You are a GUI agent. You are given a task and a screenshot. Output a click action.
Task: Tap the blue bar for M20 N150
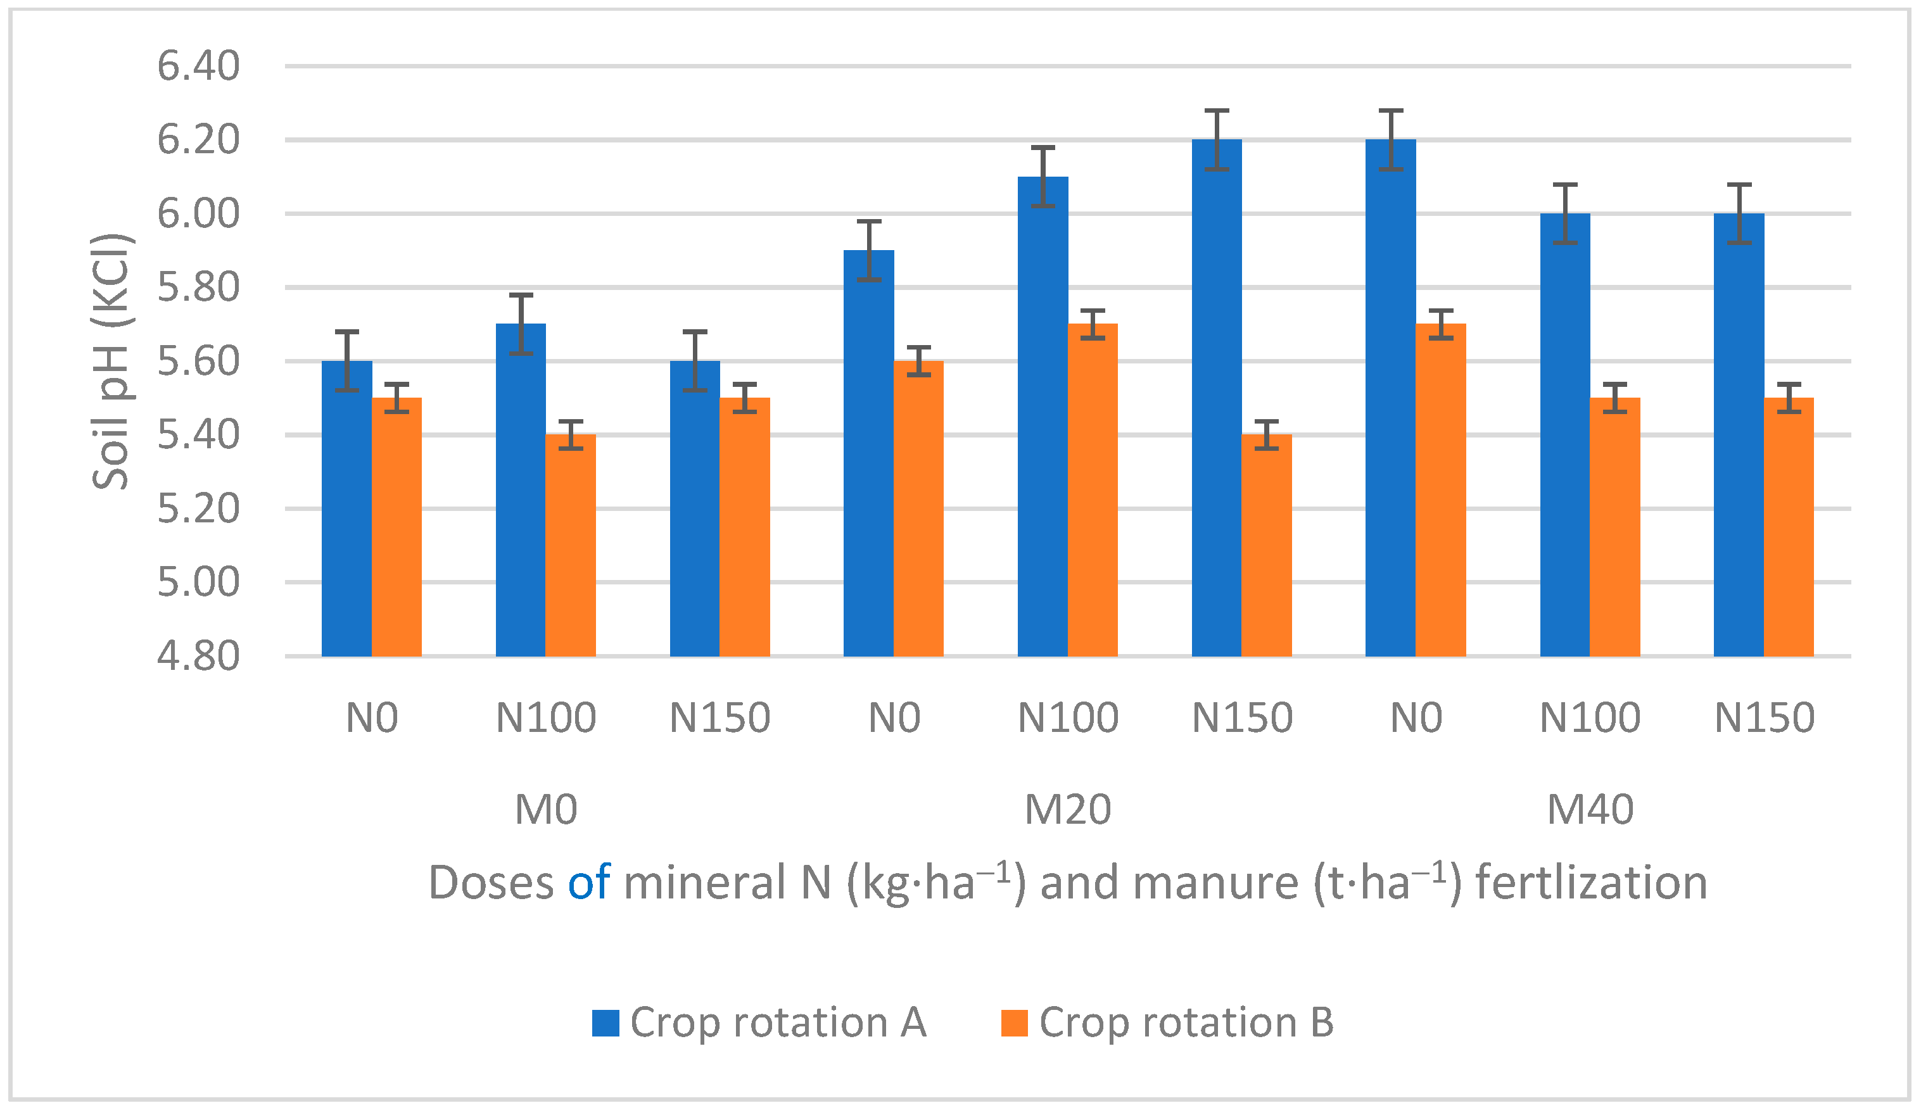point(1217,397)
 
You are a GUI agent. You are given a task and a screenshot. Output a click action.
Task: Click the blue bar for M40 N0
point(1390,397)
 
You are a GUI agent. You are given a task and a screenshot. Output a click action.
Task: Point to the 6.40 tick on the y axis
point(198,66)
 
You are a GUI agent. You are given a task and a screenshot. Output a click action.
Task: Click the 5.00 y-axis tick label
point(198,583)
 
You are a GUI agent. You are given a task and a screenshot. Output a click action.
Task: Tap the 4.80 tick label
point(198,656)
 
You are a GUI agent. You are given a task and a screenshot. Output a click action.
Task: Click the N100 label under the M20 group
point(1067,718)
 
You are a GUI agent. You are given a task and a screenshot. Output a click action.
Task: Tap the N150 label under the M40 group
point(1764,718)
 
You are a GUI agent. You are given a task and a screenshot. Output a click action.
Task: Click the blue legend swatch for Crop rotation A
point(605,1023)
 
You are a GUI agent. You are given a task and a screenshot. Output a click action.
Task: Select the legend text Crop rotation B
point(1186,1023)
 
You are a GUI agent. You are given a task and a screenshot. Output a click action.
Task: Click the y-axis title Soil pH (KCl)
point(112,362)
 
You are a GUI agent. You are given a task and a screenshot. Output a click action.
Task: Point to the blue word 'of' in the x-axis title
point(588,883)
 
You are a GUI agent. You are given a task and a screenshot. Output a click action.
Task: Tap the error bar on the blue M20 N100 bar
point(1043,177)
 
